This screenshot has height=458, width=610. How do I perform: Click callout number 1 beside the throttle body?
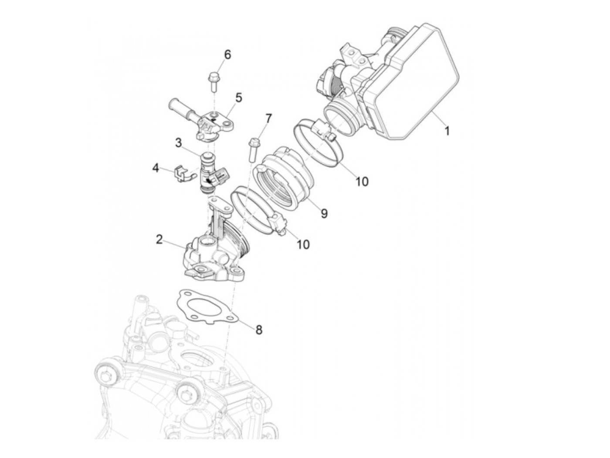pyautogui.click(x=447, y=130)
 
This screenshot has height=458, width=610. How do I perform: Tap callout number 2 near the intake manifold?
pyautogui.click(x=159, y=239)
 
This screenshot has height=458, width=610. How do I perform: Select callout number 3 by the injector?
pyautogui.click(x=178, y=142)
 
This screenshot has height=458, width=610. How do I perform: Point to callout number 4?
pyautogui.click(x=156, y=168)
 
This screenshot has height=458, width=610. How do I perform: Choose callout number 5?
pyautogui.click(x=238, y=98)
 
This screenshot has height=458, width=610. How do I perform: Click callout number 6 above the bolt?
pyautogui.click(x=227, y=55)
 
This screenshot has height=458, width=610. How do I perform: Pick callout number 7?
pyautogui.click(x=268, y=118)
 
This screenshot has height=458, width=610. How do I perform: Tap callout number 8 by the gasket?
pyautogui.click(x=259, y=330)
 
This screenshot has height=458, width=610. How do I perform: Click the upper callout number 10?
pyautogui.click(x=362, y=181)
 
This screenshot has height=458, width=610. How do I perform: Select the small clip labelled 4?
pyautogui.click(x=180, y=174)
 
